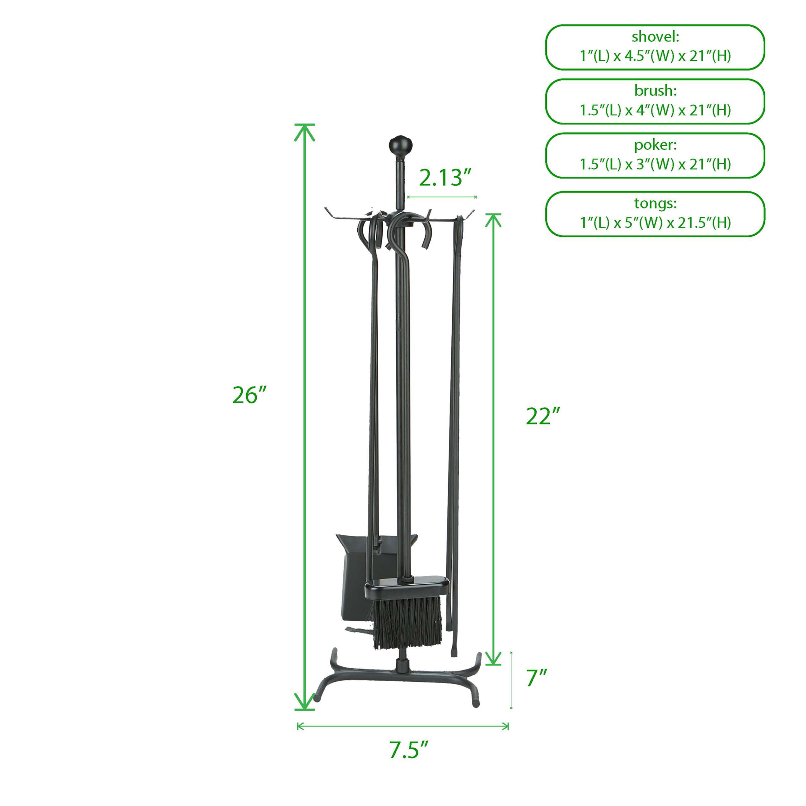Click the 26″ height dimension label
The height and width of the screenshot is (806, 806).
(249, 395)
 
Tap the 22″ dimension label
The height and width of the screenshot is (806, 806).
(542, 416)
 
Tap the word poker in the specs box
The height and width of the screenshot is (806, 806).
(655, 145)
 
